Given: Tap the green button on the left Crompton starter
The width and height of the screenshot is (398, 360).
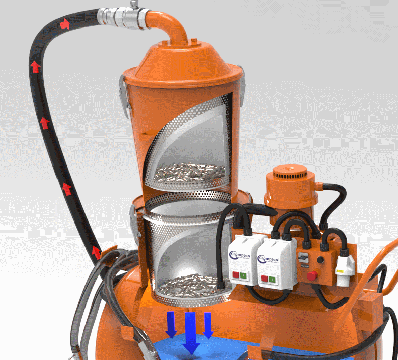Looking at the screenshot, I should coord(244,275).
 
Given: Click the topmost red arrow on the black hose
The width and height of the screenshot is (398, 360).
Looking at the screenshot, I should coord(65,23).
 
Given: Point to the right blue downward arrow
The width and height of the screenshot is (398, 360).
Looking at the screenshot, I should coord(208,324).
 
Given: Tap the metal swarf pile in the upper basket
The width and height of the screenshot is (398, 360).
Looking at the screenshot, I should coord(190,171).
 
